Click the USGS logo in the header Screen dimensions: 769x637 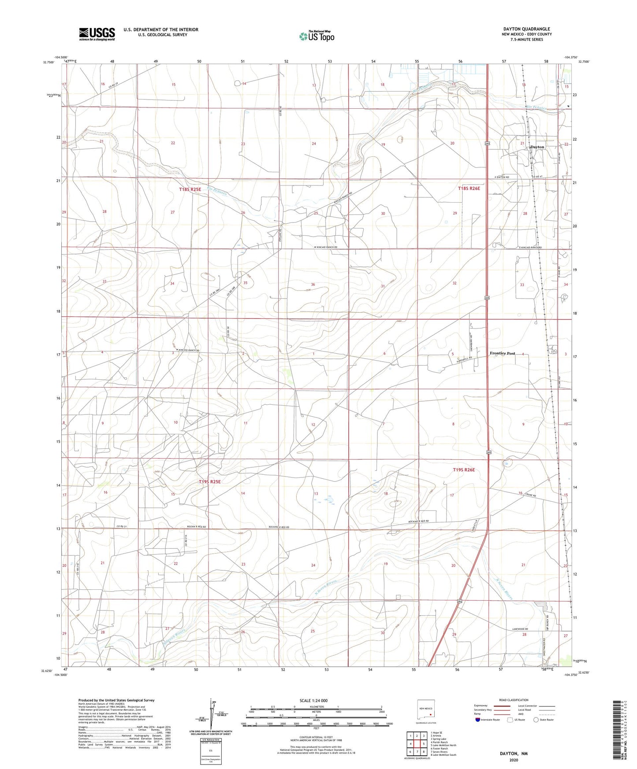point(97,33)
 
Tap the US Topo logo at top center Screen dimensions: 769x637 point(317,36)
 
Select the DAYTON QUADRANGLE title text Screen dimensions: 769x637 point(526,29)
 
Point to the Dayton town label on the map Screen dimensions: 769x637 point(537,147)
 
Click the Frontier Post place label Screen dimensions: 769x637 point(502,353)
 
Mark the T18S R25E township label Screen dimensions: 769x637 point(190,189)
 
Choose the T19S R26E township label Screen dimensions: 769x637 point(464,470)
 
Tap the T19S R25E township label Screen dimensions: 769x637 point(209,482)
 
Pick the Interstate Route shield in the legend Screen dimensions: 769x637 point(478,720)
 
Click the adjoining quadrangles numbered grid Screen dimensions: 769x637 point(417,744)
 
